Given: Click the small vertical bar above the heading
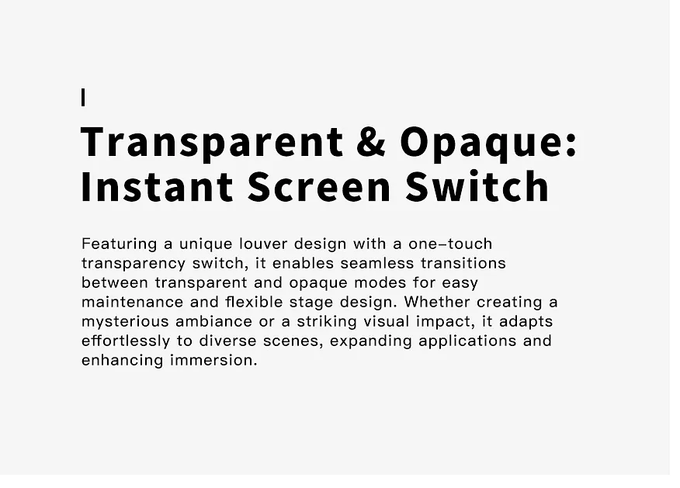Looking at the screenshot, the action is pyautogui.click(x=83, y=97).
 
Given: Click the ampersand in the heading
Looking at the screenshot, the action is pyautogui.click(x=371, y=141).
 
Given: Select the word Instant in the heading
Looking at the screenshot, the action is pyautogui.click(x=157, y=187).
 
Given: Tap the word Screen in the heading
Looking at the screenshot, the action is pyautogui.click(x=319, y=187).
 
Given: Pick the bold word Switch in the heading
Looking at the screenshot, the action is pyautogui.click(x=477, y=186).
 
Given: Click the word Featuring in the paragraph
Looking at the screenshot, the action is pyautogui.click(x=120, y=244).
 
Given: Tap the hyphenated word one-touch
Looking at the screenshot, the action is pyautogui.click(x=450, y=244).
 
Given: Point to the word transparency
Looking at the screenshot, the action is pyautogui.click(x=134, y=264).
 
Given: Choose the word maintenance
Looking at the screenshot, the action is pyautogui.click(x=132, y=302).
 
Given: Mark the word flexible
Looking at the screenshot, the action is pyautogui.click(x=254, y=302).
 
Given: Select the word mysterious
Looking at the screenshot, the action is pyautogui.click(x=125, y=322).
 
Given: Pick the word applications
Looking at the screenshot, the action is pyautogui.click(x=467, y=341).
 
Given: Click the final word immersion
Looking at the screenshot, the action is pyautogui.click(x=213, y=361).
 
